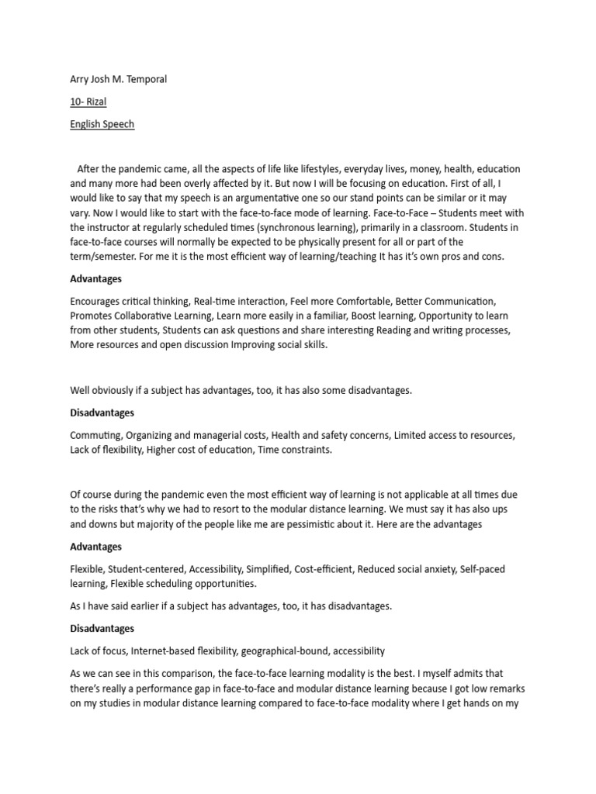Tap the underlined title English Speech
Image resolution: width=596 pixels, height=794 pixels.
[102, 124]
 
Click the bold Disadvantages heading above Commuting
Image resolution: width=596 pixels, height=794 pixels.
[102, 413]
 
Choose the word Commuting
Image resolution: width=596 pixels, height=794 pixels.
[95, 436]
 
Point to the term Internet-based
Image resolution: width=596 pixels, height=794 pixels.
[170, 651]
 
